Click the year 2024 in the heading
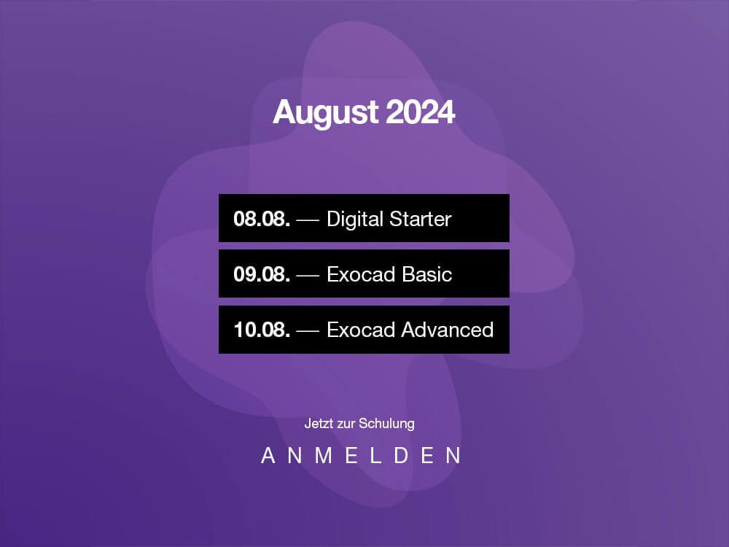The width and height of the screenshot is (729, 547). click(421, 112)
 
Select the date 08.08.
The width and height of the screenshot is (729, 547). click(262, 219)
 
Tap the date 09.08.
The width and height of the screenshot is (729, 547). click(262, 274)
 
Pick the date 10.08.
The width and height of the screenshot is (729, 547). click(262, 330)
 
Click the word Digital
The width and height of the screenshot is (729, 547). click(355, 220)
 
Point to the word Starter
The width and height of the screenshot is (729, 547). click(421, 219)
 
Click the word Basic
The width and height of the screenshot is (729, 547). click(426, 274)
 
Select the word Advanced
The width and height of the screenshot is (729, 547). click(448, 330)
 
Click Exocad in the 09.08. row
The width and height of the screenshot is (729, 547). click(362, 274)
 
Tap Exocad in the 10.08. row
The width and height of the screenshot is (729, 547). click(362, 330)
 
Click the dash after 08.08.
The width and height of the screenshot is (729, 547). click(308, 220)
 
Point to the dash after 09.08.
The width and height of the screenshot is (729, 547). click(308, 276)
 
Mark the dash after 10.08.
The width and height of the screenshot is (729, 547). click(308, 331)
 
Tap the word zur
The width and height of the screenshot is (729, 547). click(346, 424)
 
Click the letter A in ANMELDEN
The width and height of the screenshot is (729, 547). click(268, 455)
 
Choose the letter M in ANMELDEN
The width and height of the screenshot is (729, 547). click(324, 455)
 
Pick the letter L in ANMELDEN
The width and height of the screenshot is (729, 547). click(375, 455)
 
